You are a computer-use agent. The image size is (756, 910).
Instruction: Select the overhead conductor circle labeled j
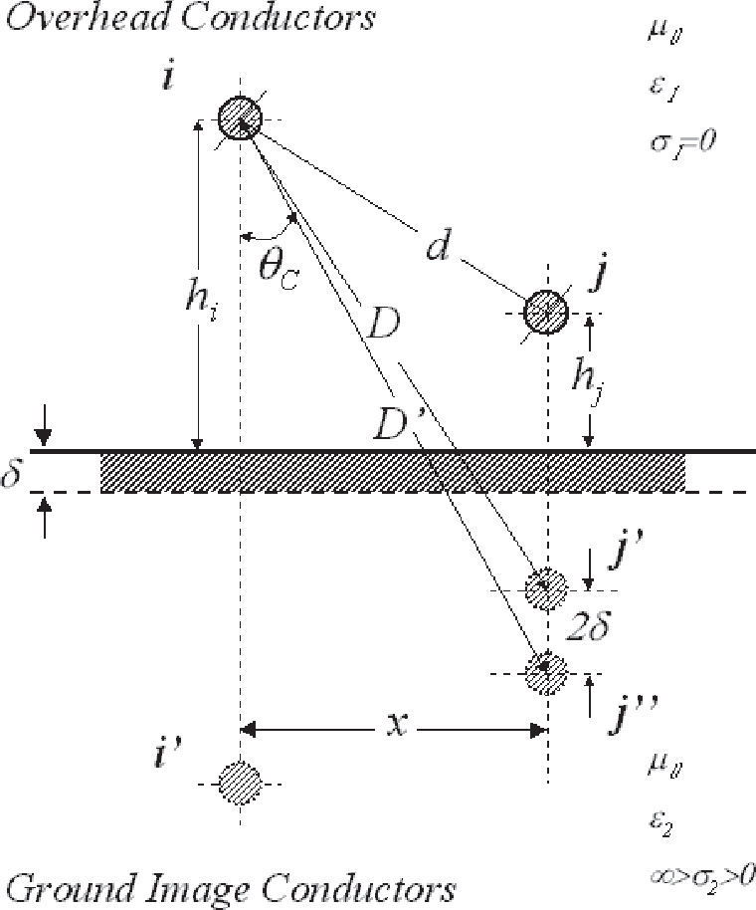545,311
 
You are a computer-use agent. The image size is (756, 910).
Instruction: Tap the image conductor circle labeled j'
545,589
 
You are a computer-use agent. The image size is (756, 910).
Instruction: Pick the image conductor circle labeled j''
545,672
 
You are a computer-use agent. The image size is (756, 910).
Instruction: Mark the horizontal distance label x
394,727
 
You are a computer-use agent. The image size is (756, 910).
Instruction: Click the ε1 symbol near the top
662,90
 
